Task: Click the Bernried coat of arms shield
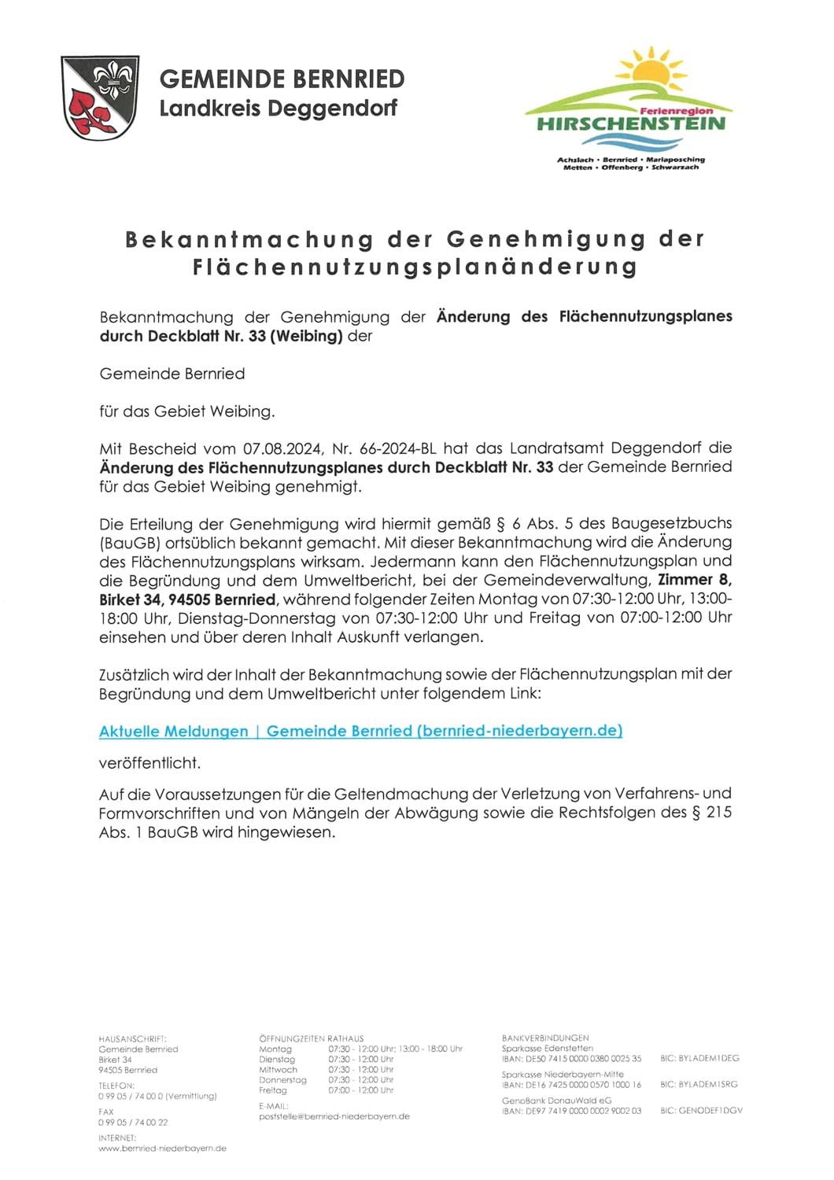coord(100,97)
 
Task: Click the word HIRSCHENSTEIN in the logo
coord(631,124)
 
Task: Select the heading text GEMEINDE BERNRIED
coord(282,79)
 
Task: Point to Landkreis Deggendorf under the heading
coord(278,108)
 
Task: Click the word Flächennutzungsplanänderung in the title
coord(415,267)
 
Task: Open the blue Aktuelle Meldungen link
coord(360,731)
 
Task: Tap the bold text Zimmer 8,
coord(695,580)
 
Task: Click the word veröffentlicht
coord(149,762)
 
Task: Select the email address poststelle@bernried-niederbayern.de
coord(334,1116)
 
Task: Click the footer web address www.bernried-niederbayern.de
coord(162,1148)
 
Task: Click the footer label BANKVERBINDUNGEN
coord(545,1038)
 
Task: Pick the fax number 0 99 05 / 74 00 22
coord(133,1123)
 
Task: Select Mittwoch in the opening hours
coord(279,1070)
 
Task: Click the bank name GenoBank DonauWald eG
coord(557,1101)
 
